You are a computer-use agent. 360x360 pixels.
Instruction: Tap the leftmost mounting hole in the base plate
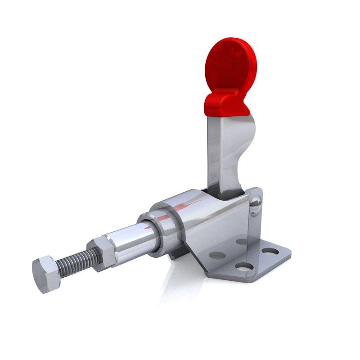217,255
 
